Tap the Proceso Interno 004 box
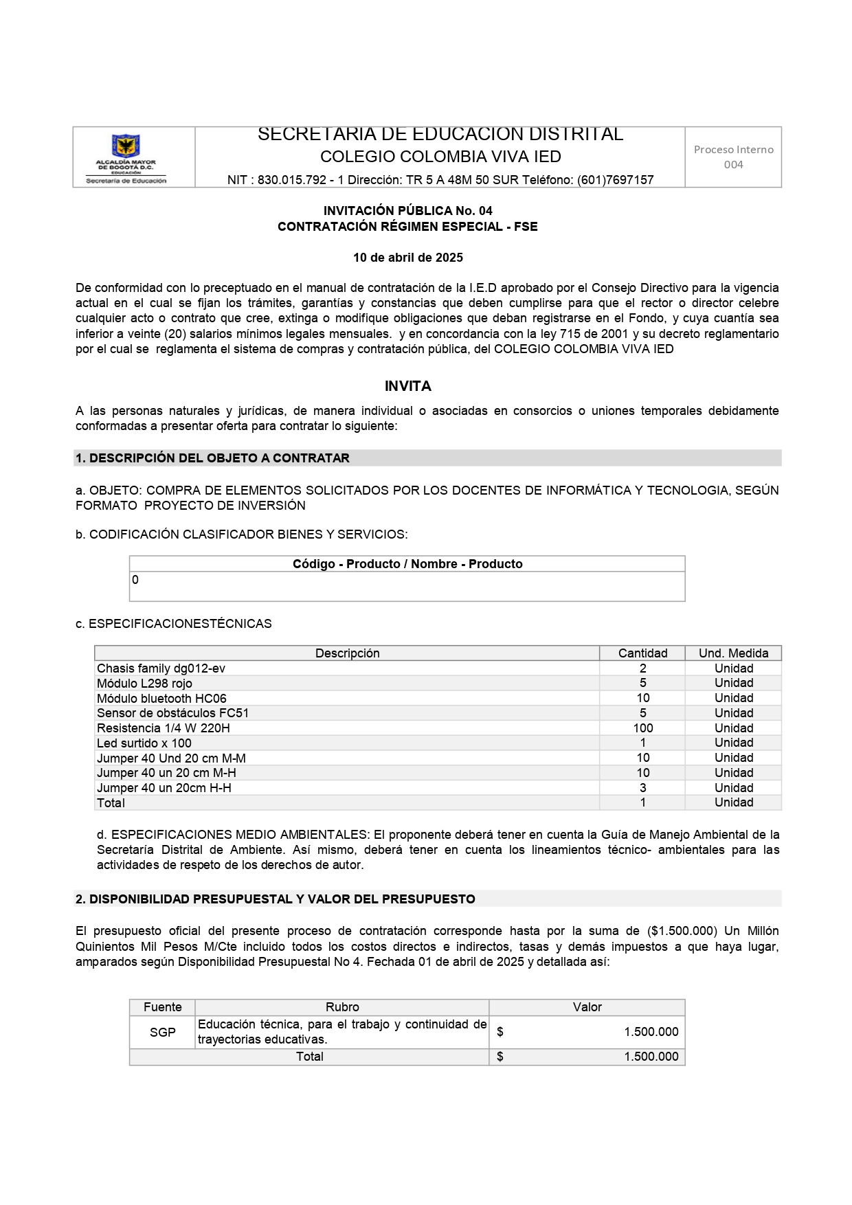733,157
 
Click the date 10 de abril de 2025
407,258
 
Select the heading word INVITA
407,386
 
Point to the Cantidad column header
642,653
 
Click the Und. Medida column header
733,653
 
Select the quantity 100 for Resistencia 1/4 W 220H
642,728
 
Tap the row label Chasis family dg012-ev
161,668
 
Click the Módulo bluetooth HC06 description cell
161,698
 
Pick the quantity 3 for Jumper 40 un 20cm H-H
642,788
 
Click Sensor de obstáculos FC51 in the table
172,713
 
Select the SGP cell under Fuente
162,1032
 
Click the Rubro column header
342,1007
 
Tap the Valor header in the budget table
587,1007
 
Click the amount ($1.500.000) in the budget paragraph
682,931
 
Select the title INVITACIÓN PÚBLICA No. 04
407,211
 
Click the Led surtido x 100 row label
144,743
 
